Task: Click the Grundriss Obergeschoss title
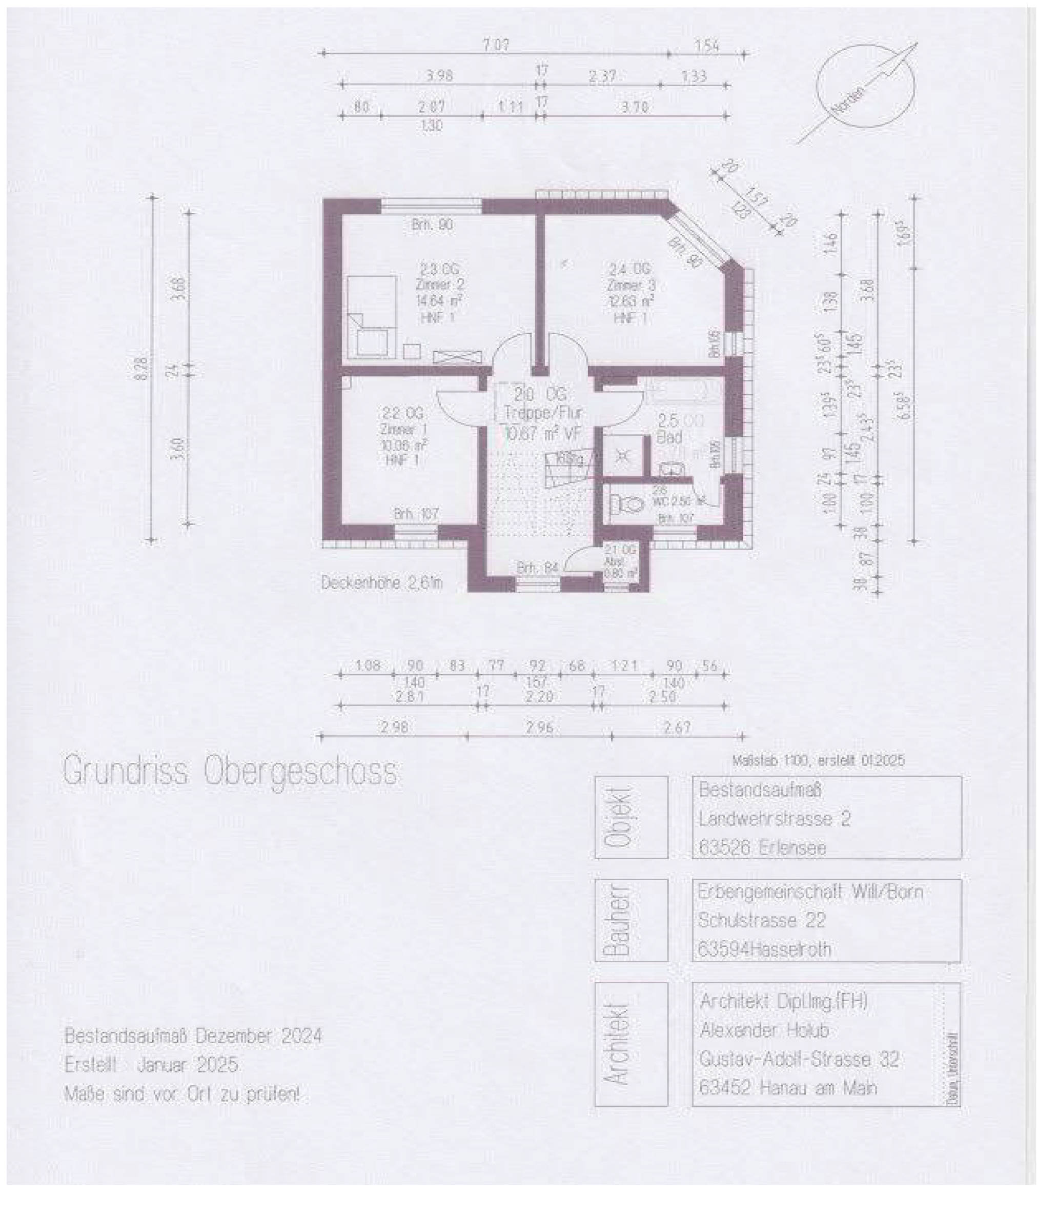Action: click(230, 772)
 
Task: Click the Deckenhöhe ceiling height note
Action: click(381, 583)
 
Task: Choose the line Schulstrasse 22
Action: click(761, 920)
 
